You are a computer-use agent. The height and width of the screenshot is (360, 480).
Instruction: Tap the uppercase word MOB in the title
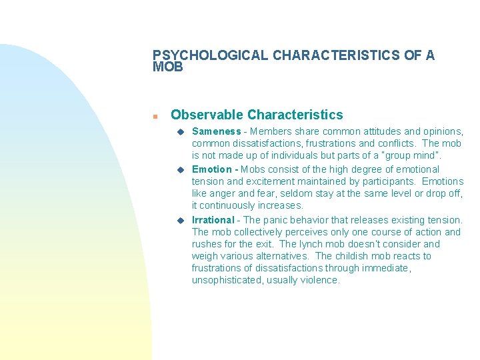(x=167, y=67)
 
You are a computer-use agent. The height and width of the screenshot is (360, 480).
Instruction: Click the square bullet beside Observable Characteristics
(x=154, y=116)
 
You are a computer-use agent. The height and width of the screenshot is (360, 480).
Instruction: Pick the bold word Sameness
(x=216, y=131)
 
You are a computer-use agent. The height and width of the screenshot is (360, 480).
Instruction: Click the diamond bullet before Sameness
(x=180, y=132)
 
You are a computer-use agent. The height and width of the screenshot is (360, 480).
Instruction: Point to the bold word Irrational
(x=213, y=220)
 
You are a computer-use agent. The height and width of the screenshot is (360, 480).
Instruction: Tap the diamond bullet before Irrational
(x=180, y=220)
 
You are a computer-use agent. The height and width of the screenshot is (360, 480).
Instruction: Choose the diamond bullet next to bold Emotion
(x=180, y=169)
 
